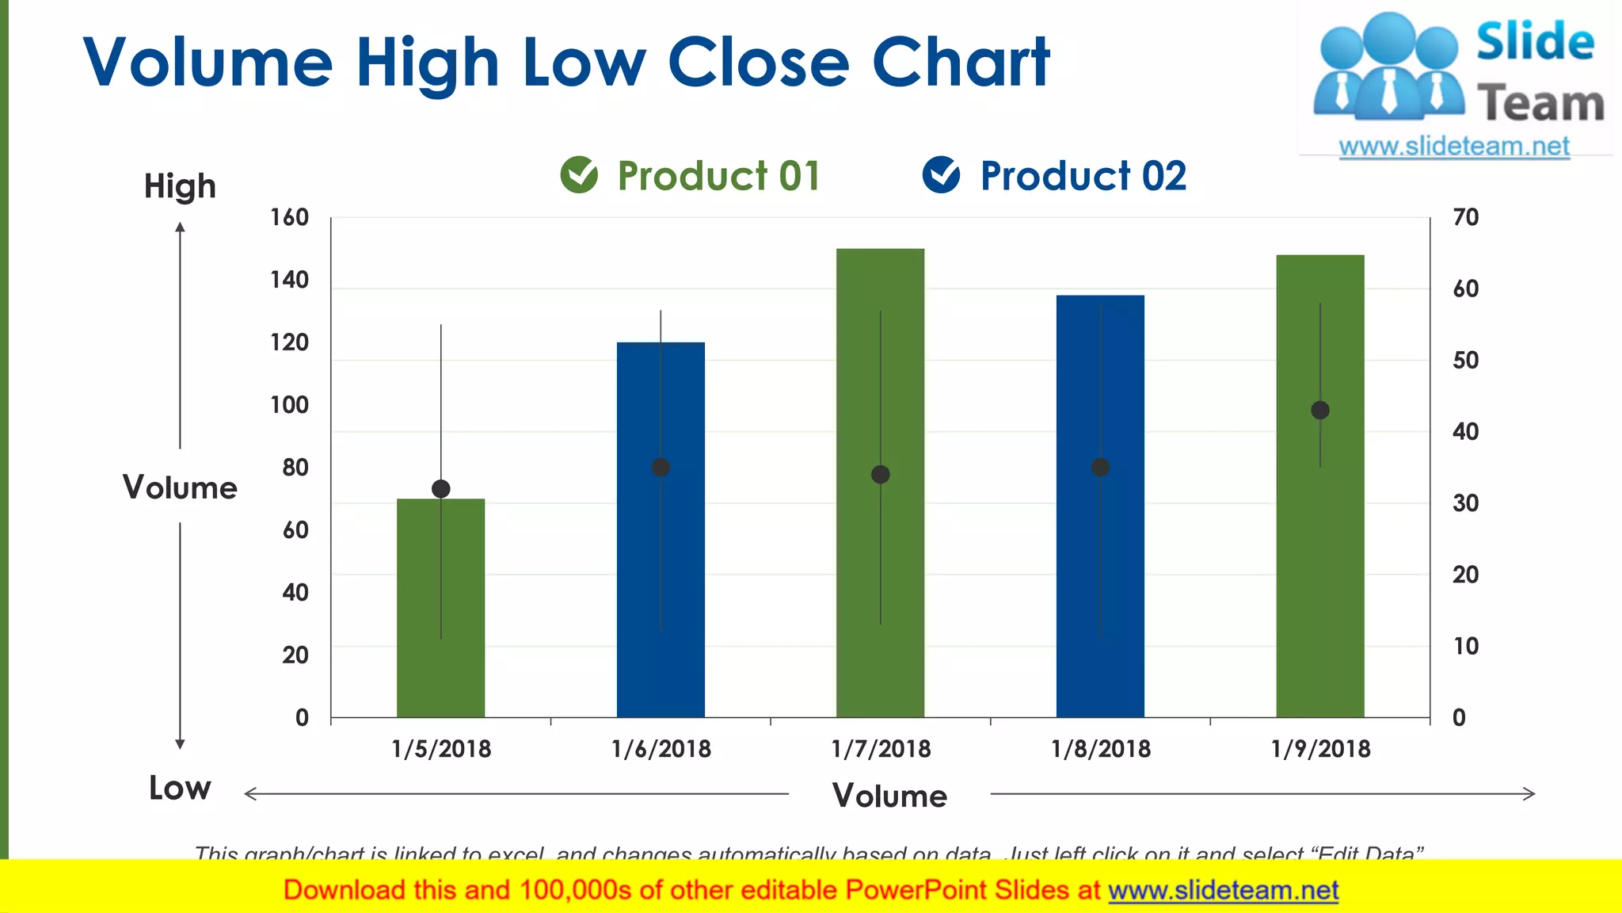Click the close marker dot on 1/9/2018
click(1319, 411)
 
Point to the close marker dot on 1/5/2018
click(441, 489)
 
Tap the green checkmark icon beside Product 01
click(579, 174)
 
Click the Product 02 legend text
click(1083, 176)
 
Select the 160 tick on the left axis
click(289, 217)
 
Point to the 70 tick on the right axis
click(1465, 217)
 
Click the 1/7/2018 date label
click(881, 749)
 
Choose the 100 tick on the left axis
click(289, 405)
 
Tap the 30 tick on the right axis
click(1465, 503)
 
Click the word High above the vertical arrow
click(180, 187)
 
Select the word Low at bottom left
click(180, 788)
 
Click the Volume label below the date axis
click(889, 796)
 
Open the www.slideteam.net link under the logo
click(1453, 147)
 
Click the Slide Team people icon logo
click(1388, 67)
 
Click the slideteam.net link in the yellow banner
click(1223, 891)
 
